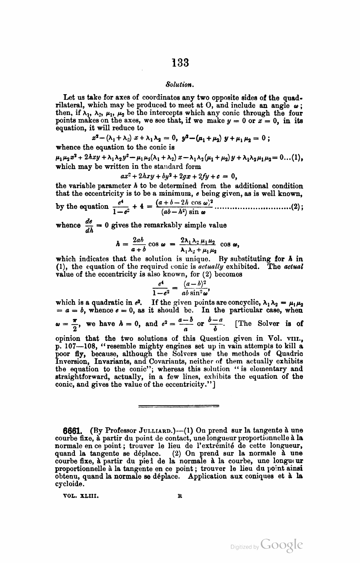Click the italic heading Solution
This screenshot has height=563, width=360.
(179, 85)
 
